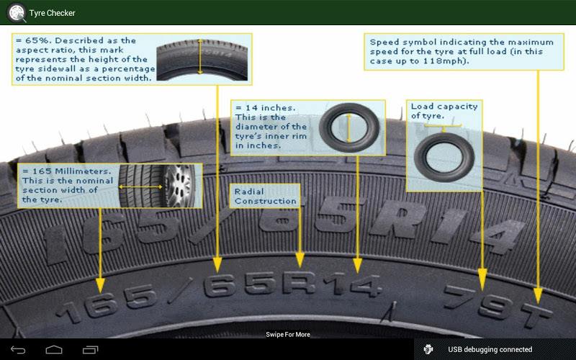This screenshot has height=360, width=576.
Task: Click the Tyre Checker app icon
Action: [17, 12]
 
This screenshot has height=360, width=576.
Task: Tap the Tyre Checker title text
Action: [52, 13]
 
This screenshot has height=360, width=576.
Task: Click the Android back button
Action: [18, 350]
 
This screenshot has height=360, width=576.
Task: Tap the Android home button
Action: [54, 350]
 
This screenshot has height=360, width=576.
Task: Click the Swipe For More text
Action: [288, 334]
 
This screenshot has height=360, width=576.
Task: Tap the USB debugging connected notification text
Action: [490, 349]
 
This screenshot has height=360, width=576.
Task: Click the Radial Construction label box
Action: [265, 196]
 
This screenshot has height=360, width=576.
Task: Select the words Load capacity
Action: [444, 106]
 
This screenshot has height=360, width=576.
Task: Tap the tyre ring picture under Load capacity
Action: [444, 157]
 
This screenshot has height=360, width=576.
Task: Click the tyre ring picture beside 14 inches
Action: [349, 127]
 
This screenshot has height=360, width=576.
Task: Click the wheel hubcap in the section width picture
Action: [179, 186]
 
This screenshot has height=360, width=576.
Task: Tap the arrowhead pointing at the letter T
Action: [538, 296]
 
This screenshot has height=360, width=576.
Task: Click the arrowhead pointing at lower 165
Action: [100, 285]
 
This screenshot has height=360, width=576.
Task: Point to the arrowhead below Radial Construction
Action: [300, 260]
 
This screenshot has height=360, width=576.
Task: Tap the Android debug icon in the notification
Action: [428, 349]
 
